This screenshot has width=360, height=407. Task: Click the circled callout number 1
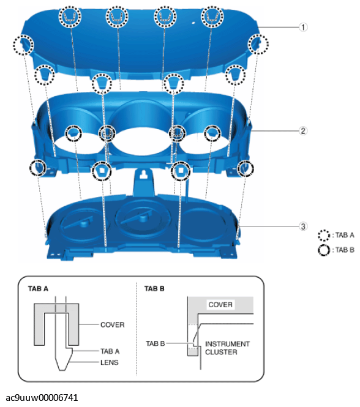tap(303, 27)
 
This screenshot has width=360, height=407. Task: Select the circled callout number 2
tap(303, 130)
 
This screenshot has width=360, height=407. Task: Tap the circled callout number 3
tap(303, 226)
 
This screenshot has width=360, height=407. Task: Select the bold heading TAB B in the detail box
tap(154, 287)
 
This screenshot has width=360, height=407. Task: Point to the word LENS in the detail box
tap(110, 362)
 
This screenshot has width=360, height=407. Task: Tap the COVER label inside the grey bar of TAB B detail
tap(220, 304)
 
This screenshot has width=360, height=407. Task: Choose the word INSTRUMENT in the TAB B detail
tap(228, 343)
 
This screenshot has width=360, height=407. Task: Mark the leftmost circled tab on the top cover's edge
tap(23, 44)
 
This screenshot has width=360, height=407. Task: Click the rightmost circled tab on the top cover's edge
tap(257, 43)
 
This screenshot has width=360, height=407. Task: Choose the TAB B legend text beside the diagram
tap(345, 249)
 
